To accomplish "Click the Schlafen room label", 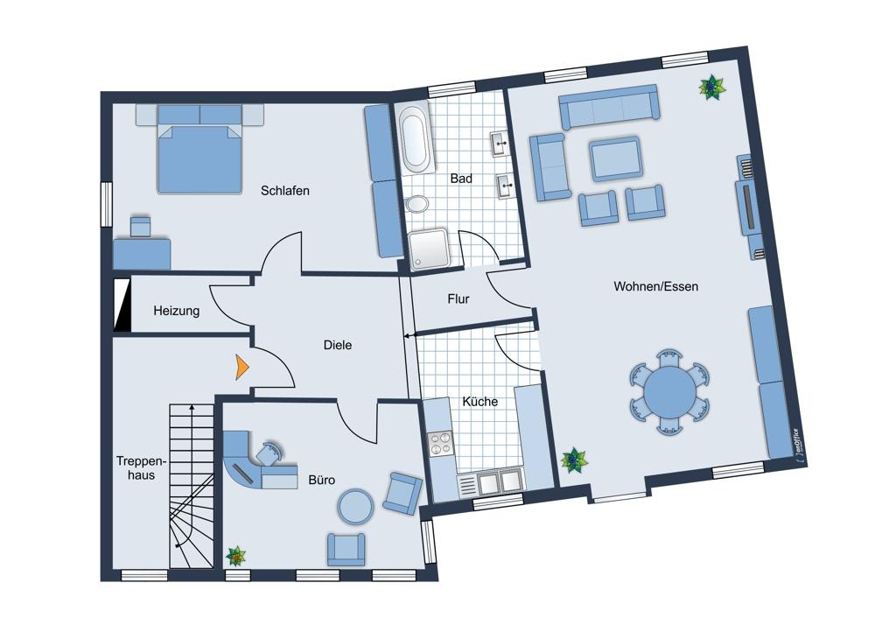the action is (x=284, y=190).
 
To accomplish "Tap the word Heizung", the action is (x=177, y=311).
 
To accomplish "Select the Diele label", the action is (x=338, y=345).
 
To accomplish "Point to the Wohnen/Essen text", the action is (x=655, y=286).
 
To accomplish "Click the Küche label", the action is (x=479, y=402).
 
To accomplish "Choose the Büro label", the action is (x=321, y=480).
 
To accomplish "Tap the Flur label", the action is (x=458, y=299).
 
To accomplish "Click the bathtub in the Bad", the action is (x=415, y=137).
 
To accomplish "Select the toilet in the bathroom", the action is (x=416, y=204).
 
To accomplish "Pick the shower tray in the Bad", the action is (x=428, y=249).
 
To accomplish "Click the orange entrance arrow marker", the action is (x=241, y=367).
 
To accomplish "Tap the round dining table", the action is (x=669, y=390).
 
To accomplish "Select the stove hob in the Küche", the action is (x=440, y=444).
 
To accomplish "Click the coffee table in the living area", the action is (x=616, y=158).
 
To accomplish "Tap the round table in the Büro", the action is (x=355, y=506).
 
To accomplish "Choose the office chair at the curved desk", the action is (x=269, y=453).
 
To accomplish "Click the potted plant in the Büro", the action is (x=236, y=556).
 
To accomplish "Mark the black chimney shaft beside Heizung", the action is (x=121, y=305).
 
